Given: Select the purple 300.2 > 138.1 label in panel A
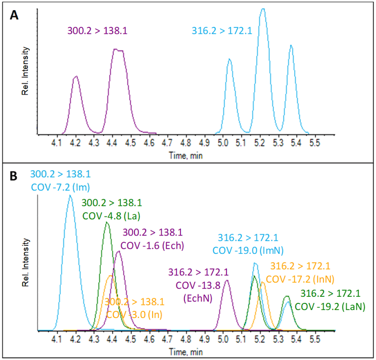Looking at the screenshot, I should tap(98, 31).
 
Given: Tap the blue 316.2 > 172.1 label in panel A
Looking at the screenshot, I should tap(222, 31).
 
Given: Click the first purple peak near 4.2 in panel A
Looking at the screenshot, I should tap(76, 77).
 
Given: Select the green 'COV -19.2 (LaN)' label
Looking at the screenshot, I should tap(330, 306).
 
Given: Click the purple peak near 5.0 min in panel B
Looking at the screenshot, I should tap(226, 281).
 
